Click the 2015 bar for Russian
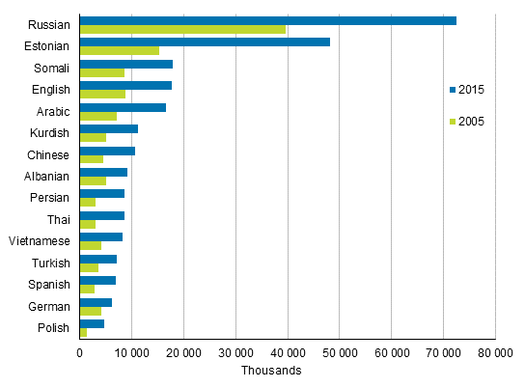pos(268,20)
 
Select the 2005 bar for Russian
pos(183,30)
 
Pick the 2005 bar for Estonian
pos(120,51)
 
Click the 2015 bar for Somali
pos(126,64)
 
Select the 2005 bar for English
pos(102,95)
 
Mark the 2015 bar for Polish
pos(92,323)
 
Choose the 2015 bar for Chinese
pos(107,151)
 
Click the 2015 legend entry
pos(466,90)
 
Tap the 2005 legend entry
pos(466,122)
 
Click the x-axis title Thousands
pos(272,371)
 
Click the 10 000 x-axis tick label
pos(131,352)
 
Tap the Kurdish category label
pos(49,132)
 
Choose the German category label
pos(48,306)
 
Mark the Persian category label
pos(49,198)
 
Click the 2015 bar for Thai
pos(102,215)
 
